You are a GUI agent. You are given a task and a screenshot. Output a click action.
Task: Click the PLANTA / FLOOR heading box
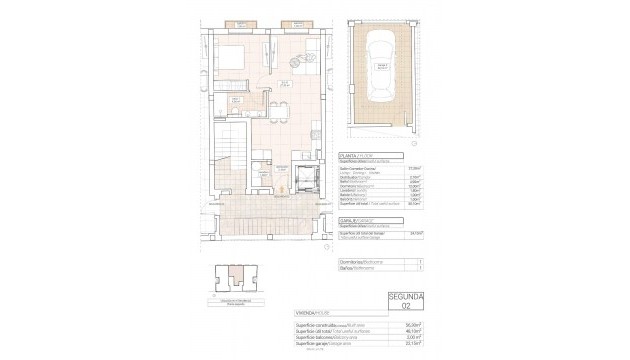pos(359,156)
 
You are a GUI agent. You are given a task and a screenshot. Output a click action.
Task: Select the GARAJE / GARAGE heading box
pos(359,217)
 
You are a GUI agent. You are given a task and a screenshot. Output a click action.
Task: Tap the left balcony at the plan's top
pos(240,21)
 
